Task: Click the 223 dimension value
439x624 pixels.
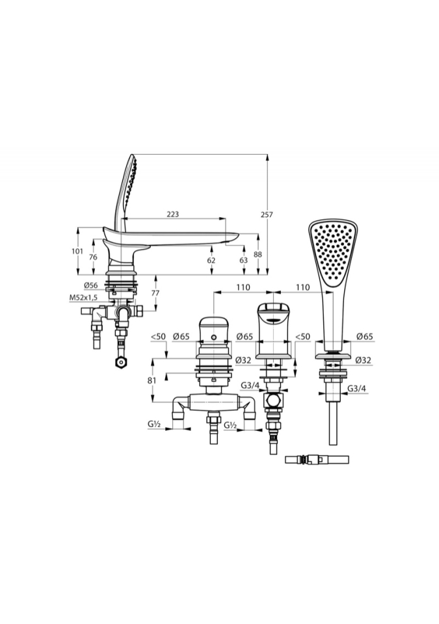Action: pos(172,214)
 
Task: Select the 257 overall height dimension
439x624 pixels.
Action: pos(267,214)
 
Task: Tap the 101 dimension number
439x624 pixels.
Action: pos(77,251)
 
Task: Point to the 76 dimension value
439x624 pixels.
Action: pos(93,257)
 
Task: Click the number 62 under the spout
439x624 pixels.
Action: pos(211,260)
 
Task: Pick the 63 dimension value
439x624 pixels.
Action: pos(243,260)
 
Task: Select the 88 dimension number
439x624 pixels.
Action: pos(258,255)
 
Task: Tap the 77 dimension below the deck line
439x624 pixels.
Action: pos(155,293)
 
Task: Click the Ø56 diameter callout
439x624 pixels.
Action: pos(91,285)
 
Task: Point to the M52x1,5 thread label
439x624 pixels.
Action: pos(83,297)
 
